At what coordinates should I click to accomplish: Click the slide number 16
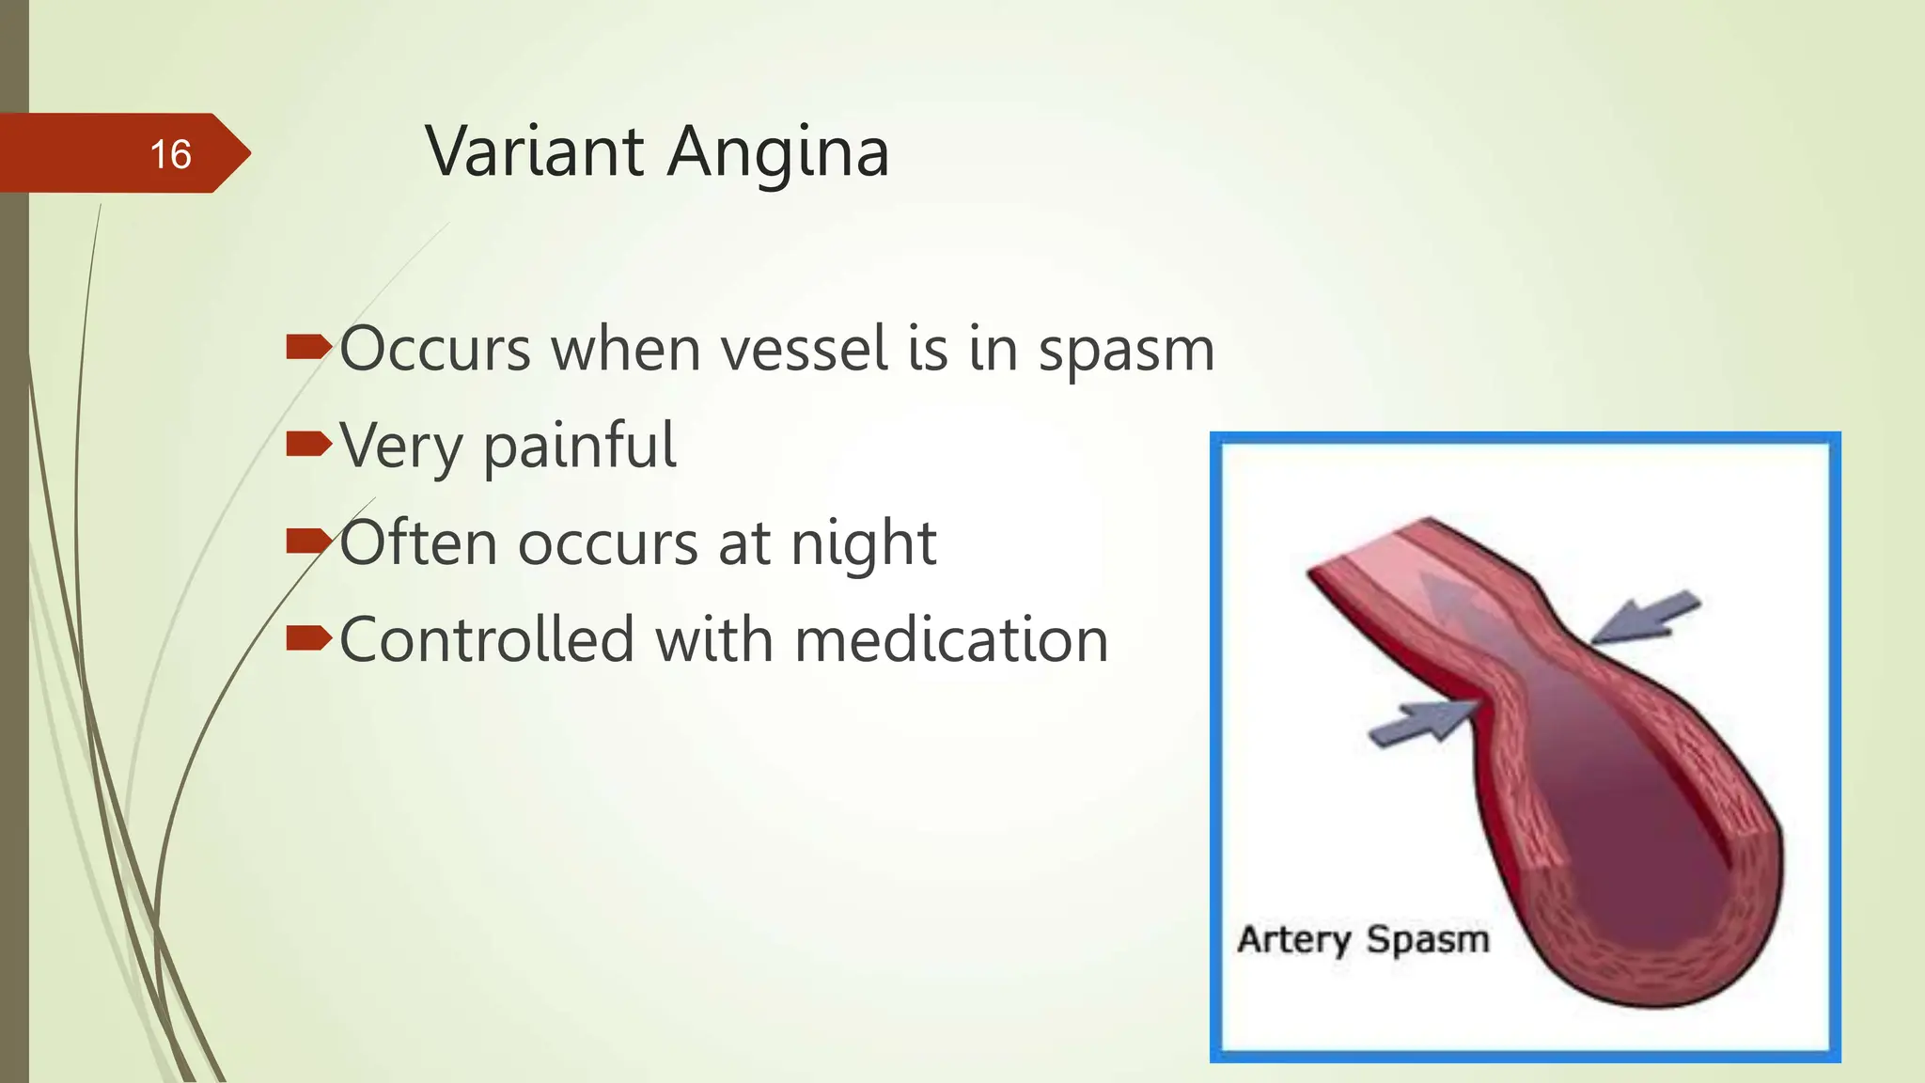[170, 154]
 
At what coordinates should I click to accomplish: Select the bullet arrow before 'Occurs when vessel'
[308, 349]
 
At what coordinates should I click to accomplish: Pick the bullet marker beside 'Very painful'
[308, 445]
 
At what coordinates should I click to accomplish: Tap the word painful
[579, 447]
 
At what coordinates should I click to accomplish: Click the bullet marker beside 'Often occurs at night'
[308, 541]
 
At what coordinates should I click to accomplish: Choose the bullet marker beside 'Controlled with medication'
[308, 639]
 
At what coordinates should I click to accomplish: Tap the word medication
[951, 640]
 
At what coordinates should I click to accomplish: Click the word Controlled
[487, 640]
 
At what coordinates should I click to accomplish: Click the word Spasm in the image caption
[1428, 939]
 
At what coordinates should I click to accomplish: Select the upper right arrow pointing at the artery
[1648, 617]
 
